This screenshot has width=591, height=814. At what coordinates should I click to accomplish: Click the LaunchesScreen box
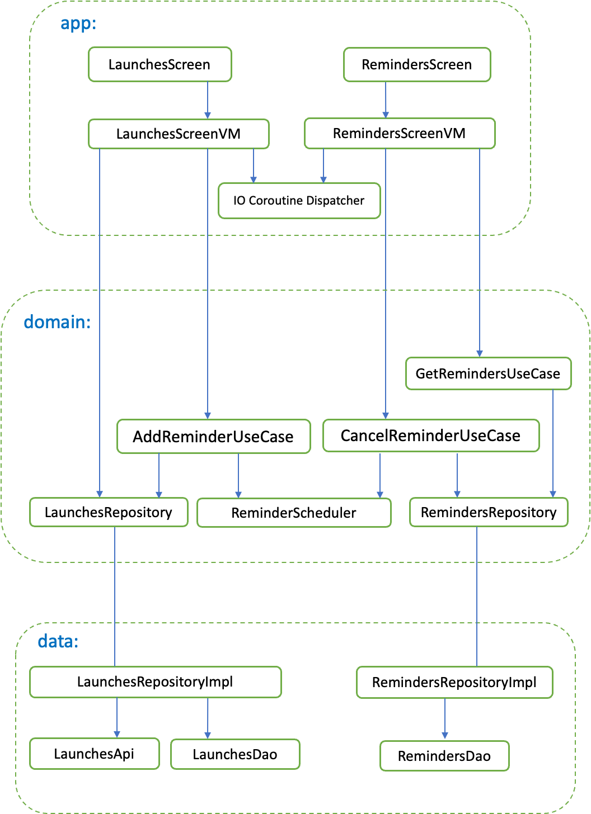pos(160,65)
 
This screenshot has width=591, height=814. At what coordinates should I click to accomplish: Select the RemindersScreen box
pos(417,65)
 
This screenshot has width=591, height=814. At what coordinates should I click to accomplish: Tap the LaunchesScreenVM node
pos(179,134)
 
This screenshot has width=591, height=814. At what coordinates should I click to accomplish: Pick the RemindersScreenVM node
pos(400,134)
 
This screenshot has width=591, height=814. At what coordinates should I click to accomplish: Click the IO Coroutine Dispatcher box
pos(299,201)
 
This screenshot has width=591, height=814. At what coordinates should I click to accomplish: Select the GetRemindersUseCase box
pos(487,373)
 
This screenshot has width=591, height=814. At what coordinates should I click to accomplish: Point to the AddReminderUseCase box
pos(213,437)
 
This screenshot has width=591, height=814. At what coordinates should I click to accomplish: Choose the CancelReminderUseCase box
pos(431,436)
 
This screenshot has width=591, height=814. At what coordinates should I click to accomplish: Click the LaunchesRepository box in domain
pos(109,513)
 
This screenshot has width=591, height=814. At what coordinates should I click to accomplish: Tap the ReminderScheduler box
pos(294,513)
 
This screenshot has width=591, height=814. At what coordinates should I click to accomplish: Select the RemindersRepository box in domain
pos(489,513)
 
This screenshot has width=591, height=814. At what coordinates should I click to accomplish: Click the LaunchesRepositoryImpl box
pos(155,682)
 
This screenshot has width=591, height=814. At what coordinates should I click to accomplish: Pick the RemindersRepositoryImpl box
pos(454,683)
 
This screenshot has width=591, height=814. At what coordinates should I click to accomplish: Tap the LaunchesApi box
pos(94,754)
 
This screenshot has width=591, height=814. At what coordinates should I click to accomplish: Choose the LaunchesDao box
pos(235,755)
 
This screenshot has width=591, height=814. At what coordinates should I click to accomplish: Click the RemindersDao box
pos(444,756)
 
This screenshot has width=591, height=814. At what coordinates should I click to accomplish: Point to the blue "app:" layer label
pos(78,24)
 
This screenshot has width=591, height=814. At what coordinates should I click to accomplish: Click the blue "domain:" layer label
pos(57,323)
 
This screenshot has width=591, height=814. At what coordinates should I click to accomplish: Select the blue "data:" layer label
pos(58,642)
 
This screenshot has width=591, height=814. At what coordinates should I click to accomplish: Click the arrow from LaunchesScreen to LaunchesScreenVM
pos(208,100)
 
